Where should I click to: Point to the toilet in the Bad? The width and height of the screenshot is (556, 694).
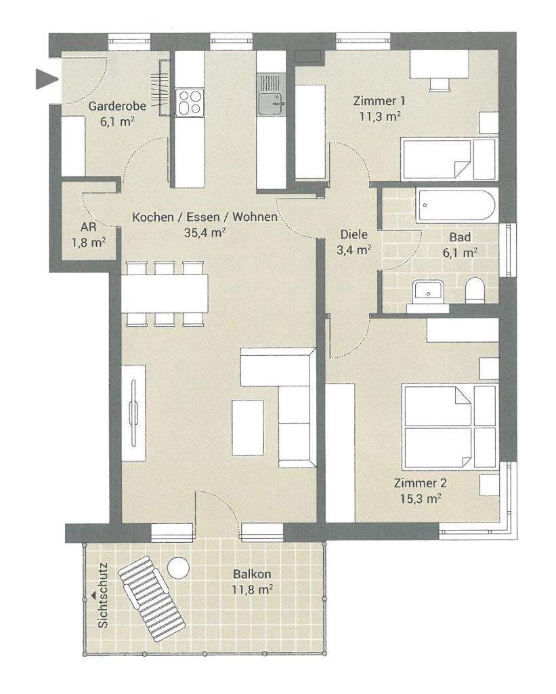pos(475,291)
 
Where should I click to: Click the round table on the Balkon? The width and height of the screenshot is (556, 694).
pos(179,567)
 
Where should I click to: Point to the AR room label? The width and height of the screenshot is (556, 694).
pos(87,227)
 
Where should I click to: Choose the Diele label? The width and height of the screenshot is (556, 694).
pos(354,235)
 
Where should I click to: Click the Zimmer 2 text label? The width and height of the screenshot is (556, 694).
pos(420,484)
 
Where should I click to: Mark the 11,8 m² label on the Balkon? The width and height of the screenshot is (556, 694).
pos(251,589)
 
